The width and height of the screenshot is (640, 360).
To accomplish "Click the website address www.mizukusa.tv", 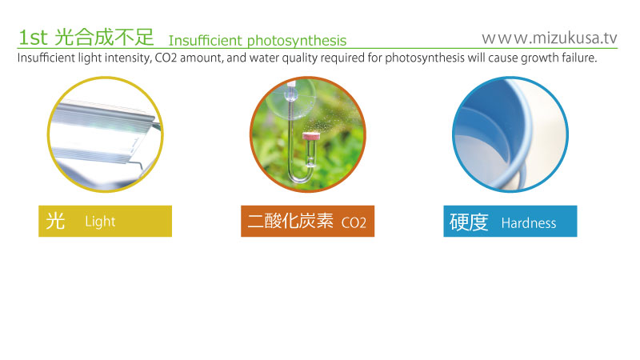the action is point(550,38).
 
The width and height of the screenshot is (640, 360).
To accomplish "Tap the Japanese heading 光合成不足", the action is point(104,37).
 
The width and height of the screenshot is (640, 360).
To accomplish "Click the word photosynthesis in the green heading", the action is point(297,41).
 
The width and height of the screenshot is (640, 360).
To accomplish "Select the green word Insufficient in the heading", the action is point(206,41).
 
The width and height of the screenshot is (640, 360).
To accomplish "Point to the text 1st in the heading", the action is point(33,38).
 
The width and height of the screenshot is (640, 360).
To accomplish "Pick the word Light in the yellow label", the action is point(101,222).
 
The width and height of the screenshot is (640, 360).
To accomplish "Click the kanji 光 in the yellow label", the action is point(55,222).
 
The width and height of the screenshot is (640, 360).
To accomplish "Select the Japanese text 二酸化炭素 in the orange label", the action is point(290,221).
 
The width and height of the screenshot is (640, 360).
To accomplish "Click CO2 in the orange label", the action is point(354,223).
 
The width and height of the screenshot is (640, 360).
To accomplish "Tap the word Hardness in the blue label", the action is point(529,223).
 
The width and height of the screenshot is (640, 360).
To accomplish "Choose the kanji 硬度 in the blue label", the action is point(469,222).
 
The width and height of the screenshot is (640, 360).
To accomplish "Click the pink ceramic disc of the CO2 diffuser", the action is point(310,135).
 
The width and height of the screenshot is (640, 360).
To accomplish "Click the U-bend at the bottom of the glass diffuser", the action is point(300,176).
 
